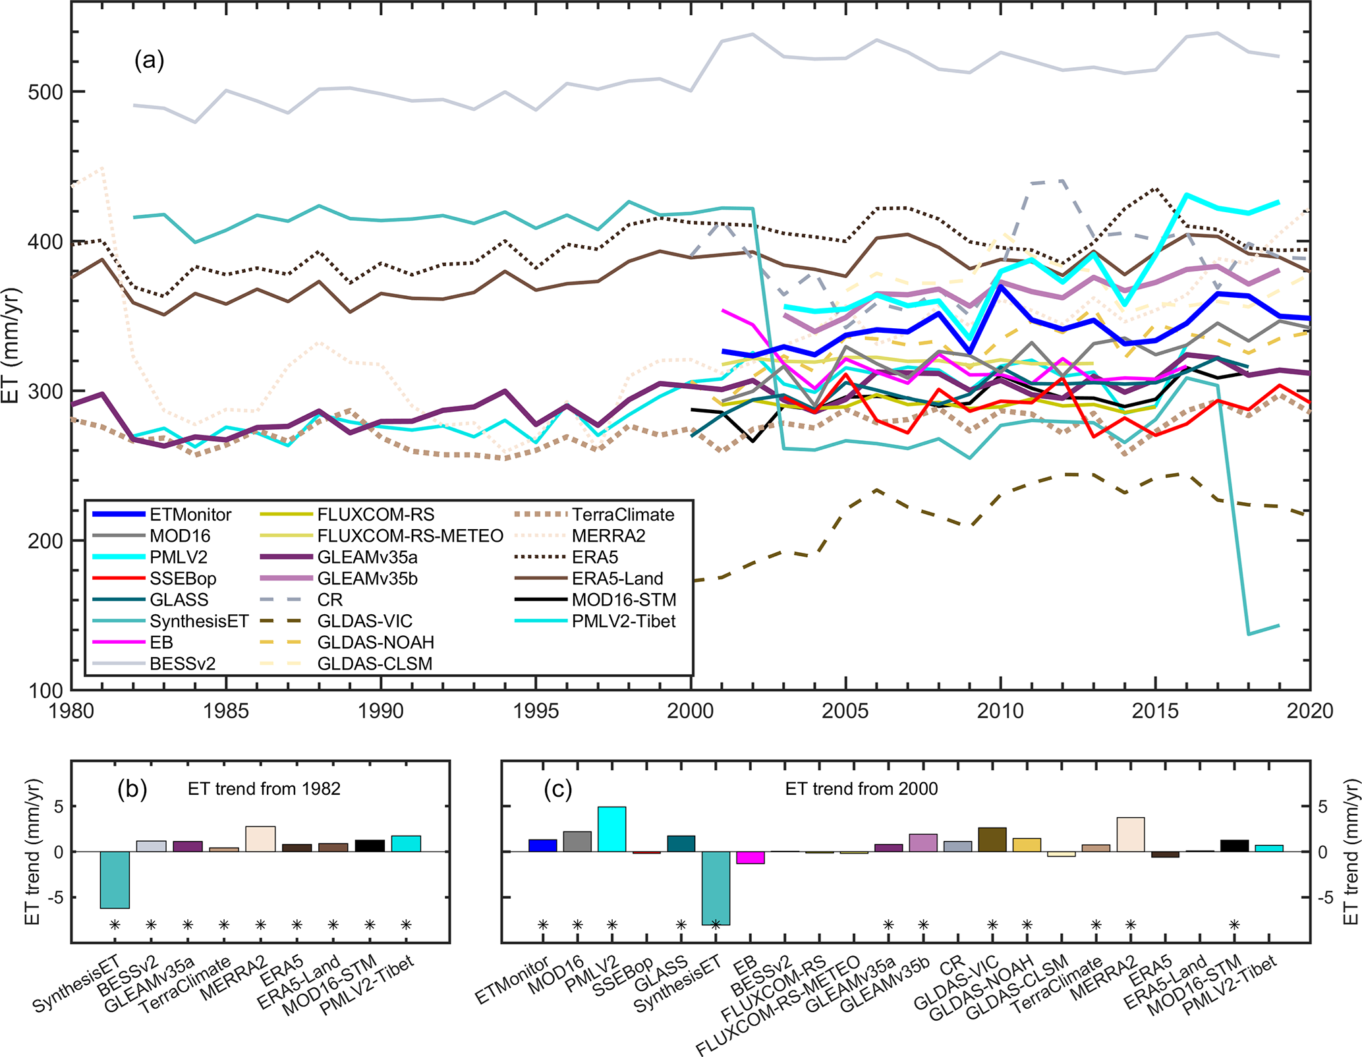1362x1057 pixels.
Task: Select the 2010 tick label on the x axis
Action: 1000,711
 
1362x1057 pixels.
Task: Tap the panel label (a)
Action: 149,61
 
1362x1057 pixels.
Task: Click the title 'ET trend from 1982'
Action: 264,789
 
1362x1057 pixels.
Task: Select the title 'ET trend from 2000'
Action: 861,789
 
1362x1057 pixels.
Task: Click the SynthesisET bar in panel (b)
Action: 115,880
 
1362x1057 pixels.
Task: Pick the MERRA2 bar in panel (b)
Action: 260,839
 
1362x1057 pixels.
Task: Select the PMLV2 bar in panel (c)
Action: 611,829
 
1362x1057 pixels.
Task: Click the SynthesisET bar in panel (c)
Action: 715,888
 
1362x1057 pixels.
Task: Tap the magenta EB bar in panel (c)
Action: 750,857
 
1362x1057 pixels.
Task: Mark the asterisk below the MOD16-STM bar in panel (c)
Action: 1234,925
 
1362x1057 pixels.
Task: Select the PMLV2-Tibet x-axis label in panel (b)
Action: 367,985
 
